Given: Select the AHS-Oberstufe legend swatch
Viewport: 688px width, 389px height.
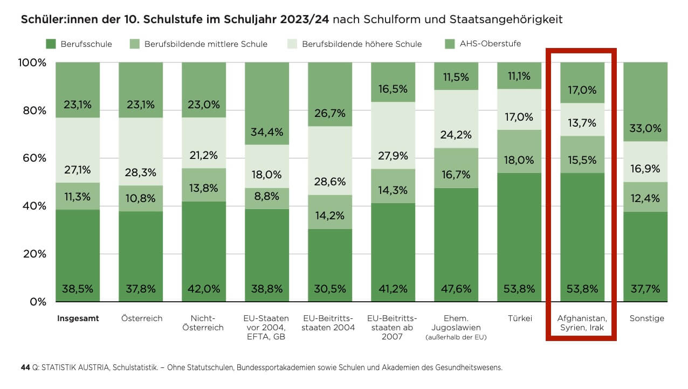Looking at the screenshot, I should coord(450,44).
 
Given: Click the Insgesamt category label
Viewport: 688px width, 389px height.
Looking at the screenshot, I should coord(78,318).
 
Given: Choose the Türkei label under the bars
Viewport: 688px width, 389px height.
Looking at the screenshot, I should coord(520,318).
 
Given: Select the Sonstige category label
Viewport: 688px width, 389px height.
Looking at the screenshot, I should coord(646,318).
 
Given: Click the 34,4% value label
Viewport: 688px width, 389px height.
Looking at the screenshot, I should coord(266,132).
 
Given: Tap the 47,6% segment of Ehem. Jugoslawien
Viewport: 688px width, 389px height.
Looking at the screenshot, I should coord(456,289).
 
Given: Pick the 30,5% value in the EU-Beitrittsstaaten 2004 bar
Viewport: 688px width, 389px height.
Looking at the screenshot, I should coord(329,289).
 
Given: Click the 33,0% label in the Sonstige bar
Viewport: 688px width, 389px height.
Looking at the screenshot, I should coord(645,129).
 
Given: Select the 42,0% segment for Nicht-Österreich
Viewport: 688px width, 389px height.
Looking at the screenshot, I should coord(204,289).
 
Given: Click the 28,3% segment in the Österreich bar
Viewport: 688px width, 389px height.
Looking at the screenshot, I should coord(141,172).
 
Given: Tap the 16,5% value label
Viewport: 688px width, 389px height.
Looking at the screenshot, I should coord(393,89).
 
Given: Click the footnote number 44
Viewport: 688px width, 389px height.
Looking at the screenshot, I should coord(25,368).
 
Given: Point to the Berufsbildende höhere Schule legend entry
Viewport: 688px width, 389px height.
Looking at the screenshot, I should coord(362,44).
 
